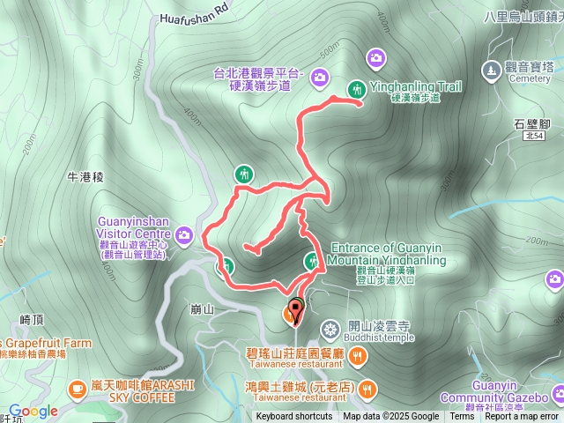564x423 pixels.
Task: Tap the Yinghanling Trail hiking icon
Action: click(x=357, y=88)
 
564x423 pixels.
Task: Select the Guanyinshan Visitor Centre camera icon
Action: click(x=184, y=234)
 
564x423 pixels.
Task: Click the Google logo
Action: click(x=33, y=412)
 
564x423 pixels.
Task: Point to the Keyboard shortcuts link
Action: click(x=294, y=417)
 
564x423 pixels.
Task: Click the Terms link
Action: click(x=462, y=417)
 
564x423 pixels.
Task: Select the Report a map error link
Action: click(x=521, y=417)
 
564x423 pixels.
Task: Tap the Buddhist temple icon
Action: click(x=330, y=330)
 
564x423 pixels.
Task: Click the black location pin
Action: click(x=293, y=310)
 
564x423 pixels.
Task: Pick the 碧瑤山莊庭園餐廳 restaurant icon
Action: click(x=357, y=356)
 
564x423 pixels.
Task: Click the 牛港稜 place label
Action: click(x=85, y=176)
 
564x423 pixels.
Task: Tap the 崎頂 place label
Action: click(x=32, y=319)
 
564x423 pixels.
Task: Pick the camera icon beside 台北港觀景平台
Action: click(x=319, y=78)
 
